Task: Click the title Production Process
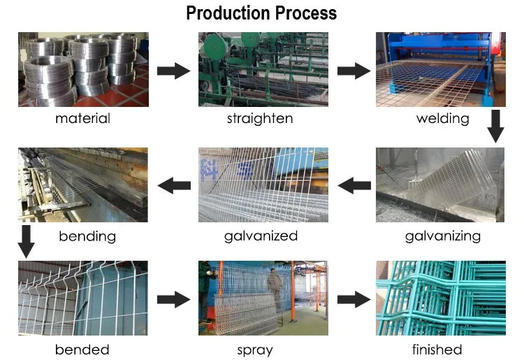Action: [261, 13]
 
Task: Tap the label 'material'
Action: [82, 118]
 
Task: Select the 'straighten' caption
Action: [260, 118]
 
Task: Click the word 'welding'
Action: [442, 118]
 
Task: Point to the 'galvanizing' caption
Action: [443, 236]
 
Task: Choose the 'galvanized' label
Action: [261, 236]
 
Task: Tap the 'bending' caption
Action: [87, 236]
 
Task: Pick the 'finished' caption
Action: [437, 349]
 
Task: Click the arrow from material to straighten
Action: [174, 71]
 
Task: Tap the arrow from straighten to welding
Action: [354, 71]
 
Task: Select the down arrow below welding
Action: [495, 127]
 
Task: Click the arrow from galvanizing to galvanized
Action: [355, 185]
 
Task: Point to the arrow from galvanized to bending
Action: [175, 185]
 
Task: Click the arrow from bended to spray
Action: [174, 300]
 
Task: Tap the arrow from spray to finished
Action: [354, 300]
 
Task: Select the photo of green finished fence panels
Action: [440, 298]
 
